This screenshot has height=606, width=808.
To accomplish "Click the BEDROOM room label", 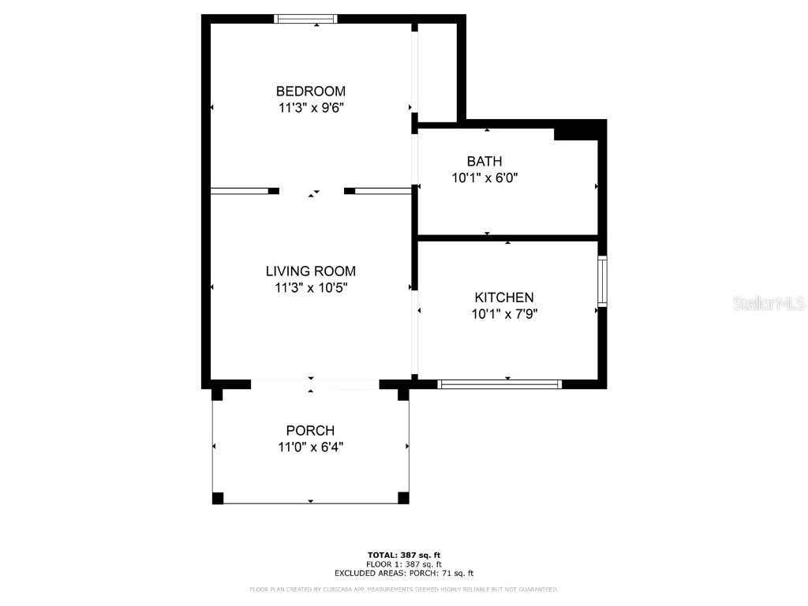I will pos(310,91).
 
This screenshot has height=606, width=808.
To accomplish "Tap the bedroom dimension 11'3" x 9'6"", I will pos(310,108).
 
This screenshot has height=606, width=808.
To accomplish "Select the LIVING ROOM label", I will pos(310,271).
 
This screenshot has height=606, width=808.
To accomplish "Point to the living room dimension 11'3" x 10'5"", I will pos(310,288).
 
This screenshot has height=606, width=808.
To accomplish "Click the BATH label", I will pos(484,161).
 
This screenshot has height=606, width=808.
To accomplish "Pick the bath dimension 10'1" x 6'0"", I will pos(484,178).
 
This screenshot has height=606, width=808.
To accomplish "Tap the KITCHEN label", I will pos(503,297).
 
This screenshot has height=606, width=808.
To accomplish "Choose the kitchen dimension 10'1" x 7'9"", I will pos(503,314).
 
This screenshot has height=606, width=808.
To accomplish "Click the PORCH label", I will pos(310,431).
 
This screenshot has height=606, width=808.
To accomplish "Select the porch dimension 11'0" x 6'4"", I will pos(310,447).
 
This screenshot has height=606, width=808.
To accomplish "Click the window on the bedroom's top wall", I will pos(306,19).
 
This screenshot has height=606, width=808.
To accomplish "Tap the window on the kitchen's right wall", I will pos(602,281).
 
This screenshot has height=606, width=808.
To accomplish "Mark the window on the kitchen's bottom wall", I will pos(499,384).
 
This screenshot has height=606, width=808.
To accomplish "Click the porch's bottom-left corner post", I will pos(218,498).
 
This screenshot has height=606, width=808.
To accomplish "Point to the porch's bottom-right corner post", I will pos(403,497).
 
